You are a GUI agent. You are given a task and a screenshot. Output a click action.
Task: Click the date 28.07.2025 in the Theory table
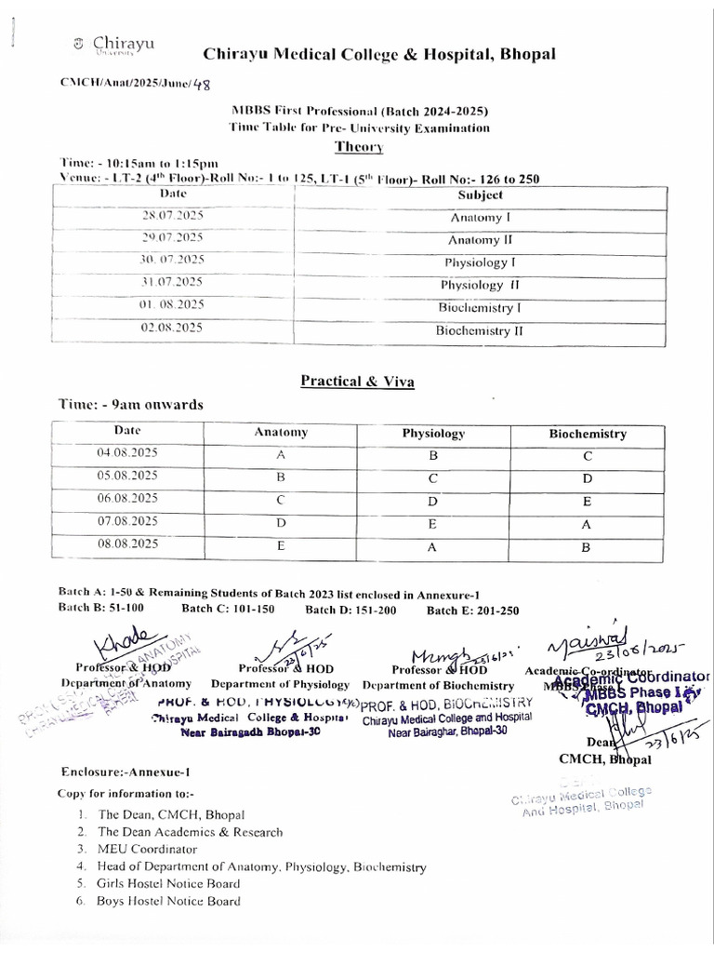click(x=172, y=216)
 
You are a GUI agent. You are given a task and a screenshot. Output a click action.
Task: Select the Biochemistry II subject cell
click(x=480, y=329)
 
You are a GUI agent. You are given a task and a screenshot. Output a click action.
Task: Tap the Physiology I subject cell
click(x=480, y=262)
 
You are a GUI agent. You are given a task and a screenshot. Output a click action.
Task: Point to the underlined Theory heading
click(x=359, y=147)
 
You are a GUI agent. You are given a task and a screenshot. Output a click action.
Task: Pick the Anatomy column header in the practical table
click(x=281, y=433)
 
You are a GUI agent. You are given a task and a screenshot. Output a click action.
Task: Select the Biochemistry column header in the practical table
click(x=588, y=434)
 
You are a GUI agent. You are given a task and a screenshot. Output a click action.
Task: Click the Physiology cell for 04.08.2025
click(x=432, y=456)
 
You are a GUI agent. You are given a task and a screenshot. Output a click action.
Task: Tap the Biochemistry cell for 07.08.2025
click(x=587, y=524)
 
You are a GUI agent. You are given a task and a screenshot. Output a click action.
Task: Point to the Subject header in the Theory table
click(x=480, y=195)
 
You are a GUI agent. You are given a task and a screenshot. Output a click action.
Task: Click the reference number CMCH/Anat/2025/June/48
click(x=135, y=83)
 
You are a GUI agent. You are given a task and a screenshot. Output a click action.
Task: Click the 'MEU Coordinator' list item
click(x=148, y=849)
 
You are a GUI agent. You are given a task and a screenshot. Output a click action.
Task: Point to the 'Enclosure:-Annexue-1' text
click(x=126, y=772)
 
